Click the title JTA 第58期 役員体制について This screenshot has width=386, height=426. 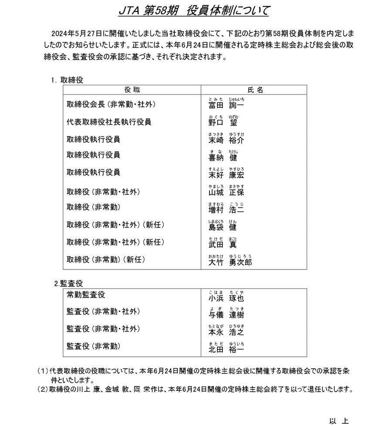click(193, 10)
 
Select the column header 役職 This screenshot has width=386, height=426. click(132, 90)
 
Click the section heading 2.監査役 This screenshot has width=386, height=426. click(68, 283)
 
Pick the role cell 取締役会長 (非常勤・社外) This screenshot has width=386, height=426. click(111, 105)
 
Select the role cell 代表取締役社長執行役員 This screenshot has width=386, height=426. click(109, 122)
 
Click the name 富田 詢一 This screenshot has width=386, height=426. click(226, 105)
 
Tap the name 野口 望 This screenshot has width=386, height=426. click(223, 122)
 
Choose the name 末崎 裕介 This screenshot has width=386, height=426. click(226, 140)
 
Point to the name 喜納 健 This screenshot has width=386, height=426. click(223, 157)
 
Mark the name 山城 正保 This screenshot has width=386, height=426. click(226, 192)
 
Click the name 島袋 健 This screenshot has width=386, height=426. click(223, 226)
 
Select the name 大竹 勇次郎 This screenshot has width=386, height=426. click(230, 261)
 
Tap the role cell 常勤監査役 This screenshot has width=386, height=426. click(86, 295)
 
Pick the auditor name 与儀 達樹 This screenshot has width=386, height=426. click(226, 314)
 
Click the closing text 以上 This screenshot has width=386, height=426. click(339, 420)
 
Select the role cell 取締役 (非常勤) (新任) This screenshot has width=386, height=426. click(106, 260)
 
